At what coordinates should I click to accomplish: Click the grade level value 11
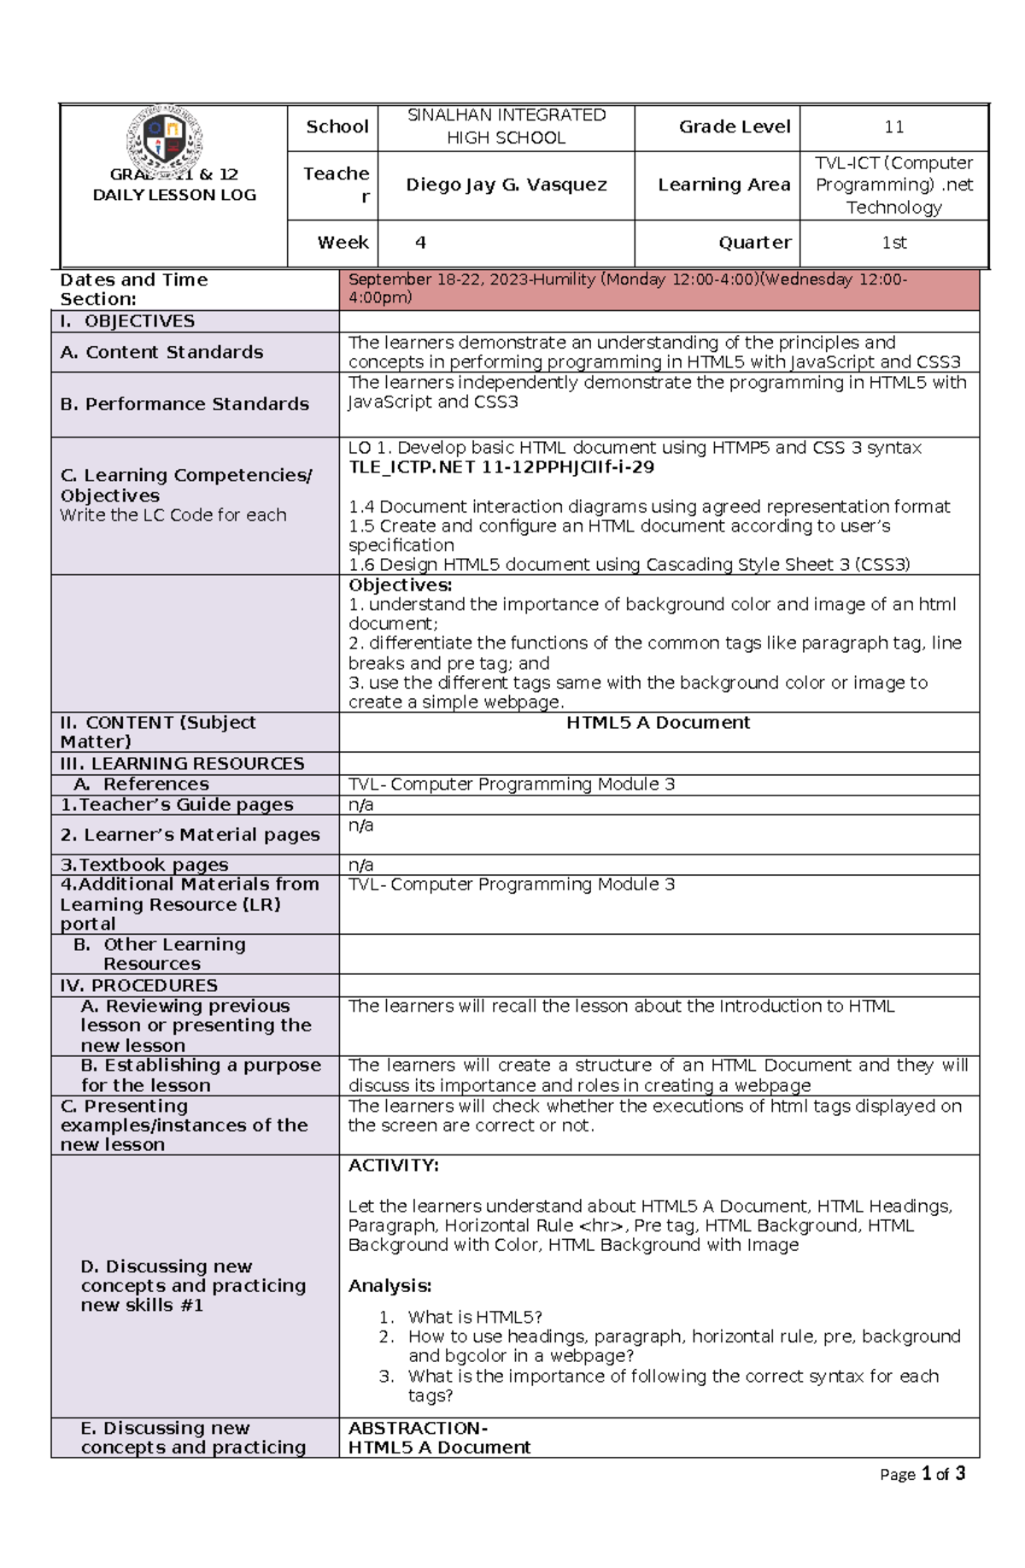(893, 127)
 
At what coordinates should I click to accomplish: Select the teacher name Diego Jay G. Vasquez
(506, 185)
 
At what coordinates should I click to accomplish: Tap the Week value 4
(420, 243)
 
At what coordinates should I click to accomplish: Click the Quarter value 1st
(893, 243)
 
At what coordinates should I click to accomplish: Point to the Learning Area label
(723, 185)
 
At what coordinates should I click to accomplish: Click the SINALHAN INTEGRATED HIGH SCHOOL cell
(506, 126)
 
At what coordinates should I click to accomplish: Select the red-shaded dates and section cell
(658, 289)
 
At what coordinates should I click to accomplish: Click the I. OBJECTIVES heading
(128, 321)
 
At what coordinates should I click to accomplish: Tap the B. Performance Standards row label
(184, 403)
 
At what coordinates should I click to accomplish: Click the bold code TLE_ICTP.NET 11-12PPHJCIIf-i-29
(501, 467)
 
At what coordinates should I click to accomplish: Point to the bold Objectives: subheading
(400, 585)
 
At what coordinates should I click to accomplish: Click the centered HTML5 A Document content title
(658, 723)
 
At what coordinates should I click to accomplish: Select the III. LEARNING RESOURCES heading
(182, 763)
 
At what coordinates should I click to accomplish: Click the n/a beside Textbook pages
(360, 865)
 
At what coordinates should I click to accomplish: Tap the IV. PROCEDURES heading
(139, 985)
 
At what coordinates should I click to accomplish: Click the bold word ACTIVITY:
(393, 1166)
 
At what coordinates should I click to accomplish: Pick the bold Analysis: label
(389, 1286)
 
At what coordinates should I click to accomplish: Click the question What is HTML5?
(475, 1317)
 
